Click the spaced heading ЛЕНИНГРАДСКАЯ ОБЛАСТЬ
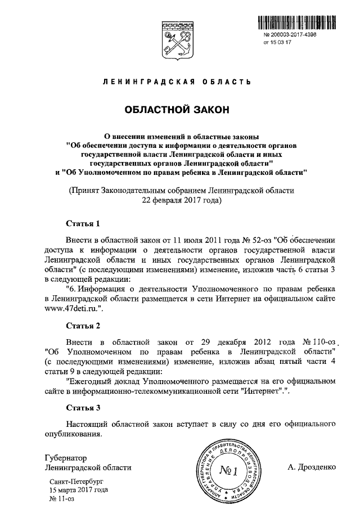[176, 83]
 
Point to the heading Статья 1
[83, 223]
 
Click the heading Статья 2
[83, 326]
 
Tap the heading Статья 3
[83, 408]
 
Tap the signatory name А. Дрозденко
[311, 467]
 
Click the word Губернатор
[67, 457]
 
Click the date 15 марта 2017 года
[78, 490]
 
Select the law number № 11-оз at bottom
[62, 498]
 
